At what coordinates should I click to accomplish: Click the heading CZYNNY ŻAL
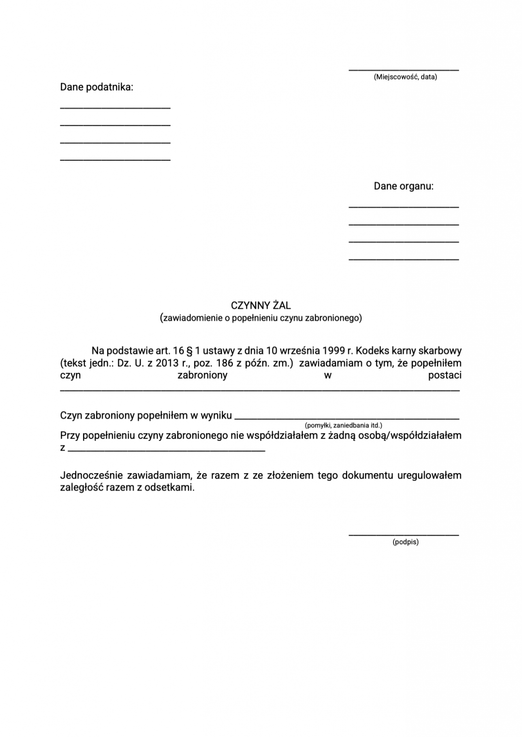tap(261, 306)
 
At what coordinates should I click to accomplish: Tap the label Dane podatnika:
tap(97, 87)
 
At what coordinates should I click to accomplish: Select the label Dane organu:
tap(403, 186)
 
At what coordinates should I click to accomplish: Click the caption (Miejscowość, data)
tap(405, 77)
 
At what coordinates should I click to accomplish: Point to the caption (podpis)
tap(405, 542)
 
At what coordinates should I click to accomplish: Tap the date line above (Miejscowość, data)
tap(403, 70)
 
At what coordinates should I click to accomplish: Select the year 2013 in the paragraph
tap(167, 363)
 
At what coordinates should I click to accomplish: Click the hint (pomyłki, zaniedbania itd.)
tap(343, 425)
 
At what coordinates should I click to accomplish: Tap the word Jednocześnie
tap(91, 475)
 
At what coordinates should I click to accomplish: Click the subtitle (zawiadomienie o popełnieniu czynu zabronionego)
tap(261, 318)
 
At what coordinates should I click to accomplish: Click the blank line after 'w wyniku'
tap(347, 418)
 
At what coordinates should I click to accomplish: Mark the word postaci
tap(445, 375)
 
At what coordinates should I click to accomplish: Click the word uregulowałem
tap(429, 475)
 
